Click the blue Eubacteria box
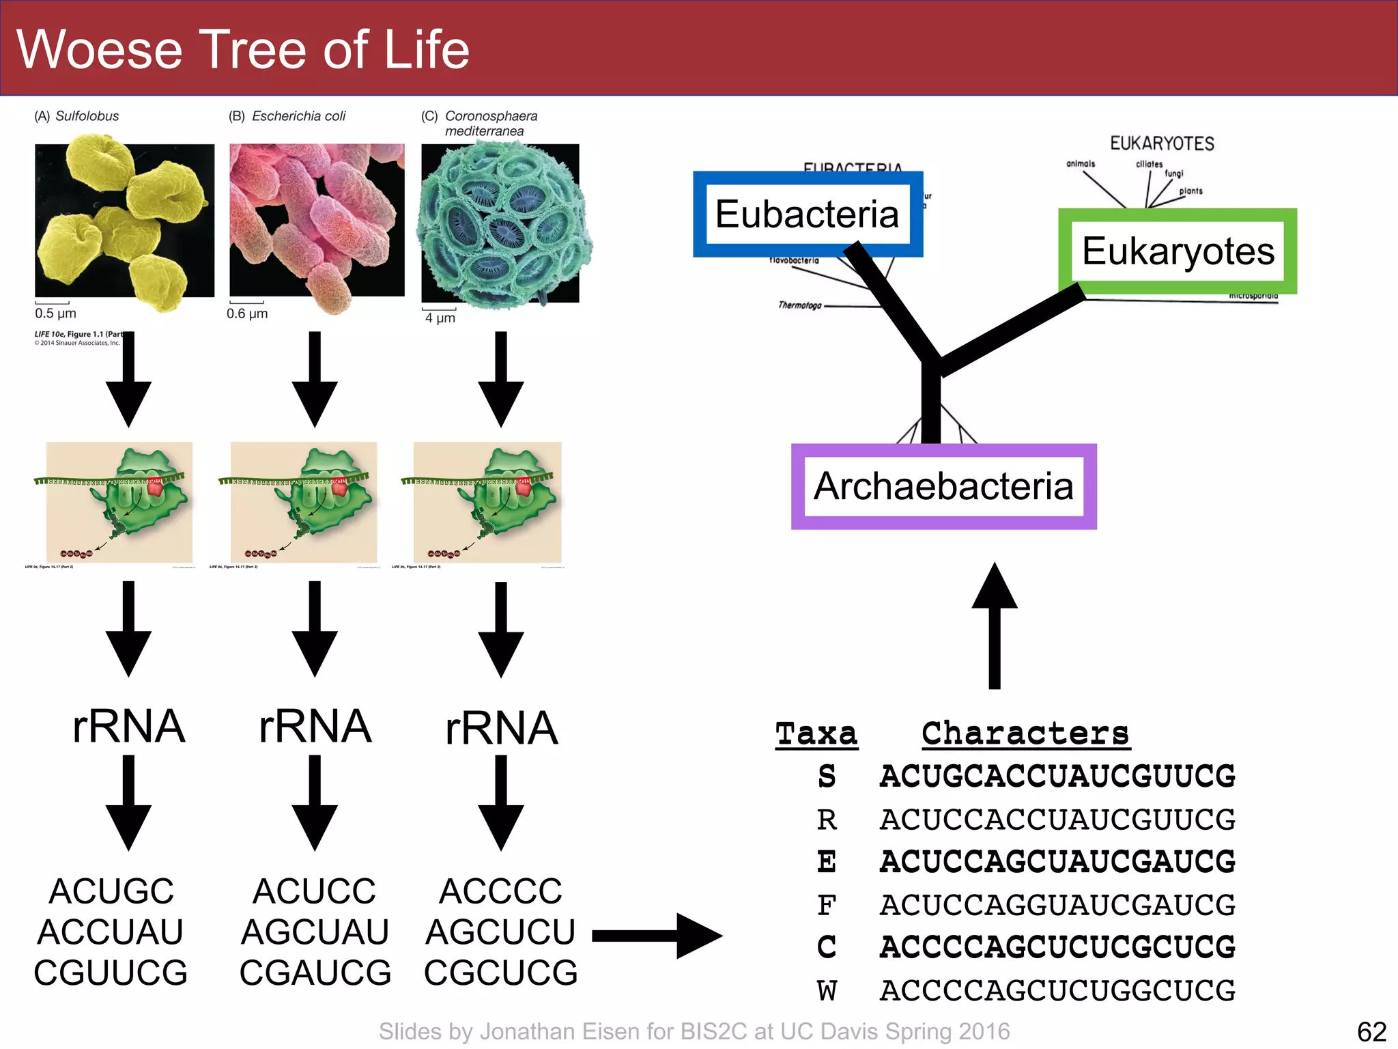(808, 214)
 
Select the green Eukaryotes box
(1178, 251)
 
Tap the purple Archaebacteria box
(943, 486)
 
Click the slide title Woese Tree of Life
(243, 49)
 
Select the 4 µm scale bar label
(440, 318)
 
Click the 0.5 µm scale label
(55, 313)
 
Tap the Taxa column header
(816, 734)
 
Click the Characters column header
(1025, 734)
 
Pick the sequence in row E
(1057, 862)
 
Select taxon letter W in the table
(827, 990)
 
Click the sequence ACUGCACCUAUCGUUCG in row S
(1057, 777)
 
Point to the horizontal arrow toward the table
(655, 936)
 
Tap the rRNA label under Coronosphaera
(501, 728)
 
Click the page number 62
(1371, 1031)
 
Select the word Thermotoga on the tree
(800, 305)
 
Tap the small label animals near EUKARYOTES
(1081, 164)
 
